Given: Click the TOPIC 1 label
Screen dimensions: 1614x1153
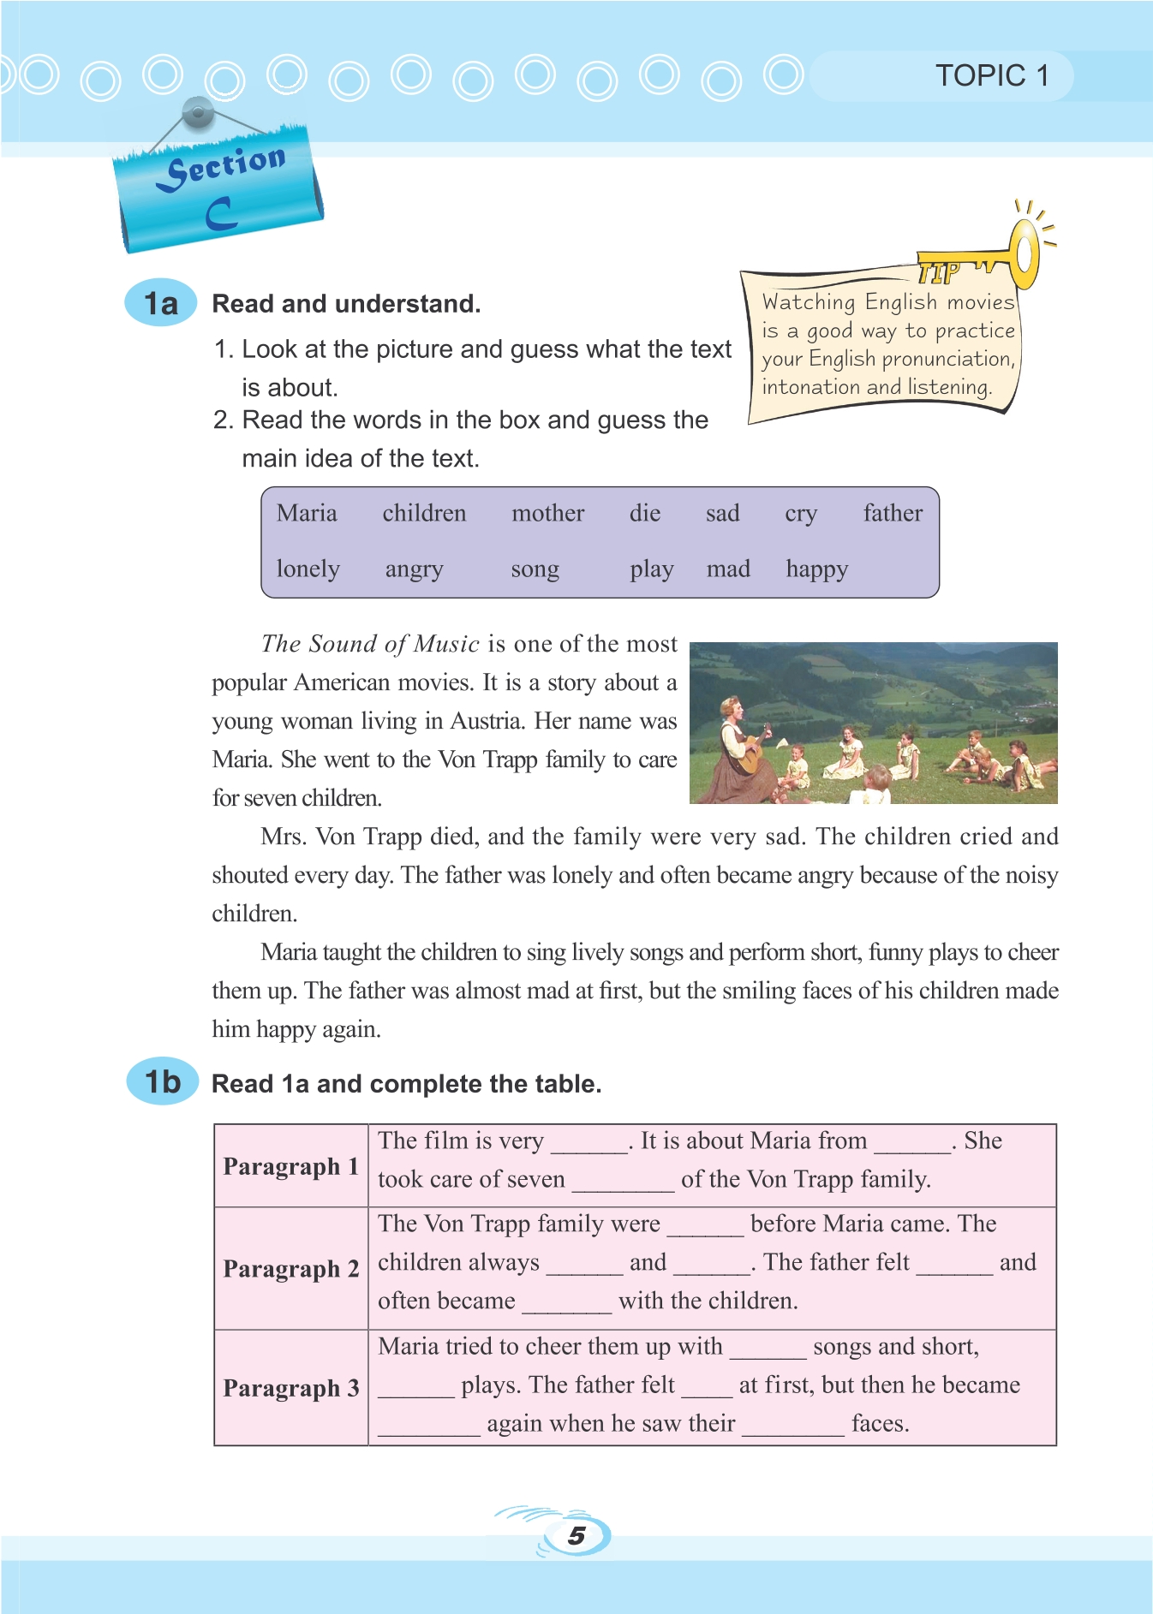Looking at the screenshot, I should [x=991, y=76].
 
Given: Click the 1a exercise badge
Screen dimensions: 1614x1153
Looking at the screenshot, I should [x=160, y=303].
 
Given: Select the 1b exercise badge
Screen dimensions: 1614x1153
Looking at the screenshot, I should [x=162, y=1081].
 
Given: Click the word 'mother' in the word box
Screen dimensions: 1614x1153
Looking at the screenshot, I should [x=547, y=514].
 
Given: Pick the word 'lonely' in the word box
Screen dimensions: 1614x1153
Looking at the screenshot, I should [x=308, y=569].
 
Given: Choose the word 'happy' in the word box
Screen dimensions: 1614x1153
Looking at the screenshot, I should [x=816, y=569].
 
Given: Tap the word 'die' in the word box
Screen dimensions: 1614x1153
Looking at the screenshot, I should [x=644, y=514].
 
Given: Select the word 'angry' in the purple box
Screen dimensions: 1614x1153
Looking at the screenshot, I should [x=414, y=569].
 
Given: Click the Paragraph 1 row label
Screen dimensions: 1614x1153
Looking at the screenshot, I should [x=290, y=1166].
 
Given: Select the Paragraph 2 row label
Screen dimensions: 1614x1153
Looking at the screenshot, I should [x=290, y=1268].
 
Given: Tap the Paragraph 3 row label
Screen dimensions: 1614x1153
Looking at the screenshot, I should [x=290, y=1388].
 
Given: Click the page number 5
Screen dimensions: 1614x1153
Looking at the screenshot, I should [x=576, y=1535].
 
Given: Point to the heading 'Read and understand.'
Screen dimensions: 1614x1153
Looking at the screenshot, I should [x=346, y=304].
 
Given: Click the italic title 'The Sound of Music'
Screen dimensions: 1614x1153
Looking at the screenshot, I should [x=370, y=644].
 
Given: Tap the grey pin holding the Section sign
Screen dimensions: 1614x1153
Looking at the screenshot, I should [x=198, y=112].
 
